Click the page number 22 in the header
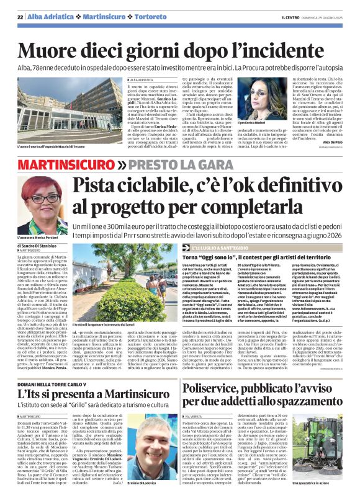click(20, 16)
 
